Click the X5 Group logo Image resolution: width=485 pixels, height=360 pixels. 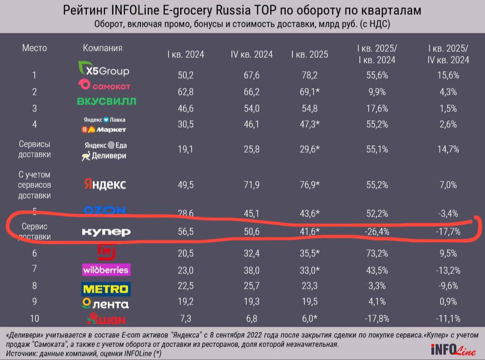point(104,71)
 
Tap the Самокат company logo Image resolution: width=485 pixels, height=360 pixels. point(104,85)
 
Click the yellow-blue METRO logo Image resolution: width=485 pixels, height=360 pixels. point(106,289)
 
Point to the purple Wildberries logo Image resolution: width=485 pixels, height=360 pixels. point(106,270)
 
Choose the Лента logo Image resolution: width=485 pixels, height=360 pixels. point(105,304)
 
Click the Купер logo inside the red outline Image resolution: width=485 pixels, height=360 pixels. point(106,232)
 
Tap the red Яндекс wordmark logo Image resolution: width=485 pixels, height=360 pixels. point(105,184)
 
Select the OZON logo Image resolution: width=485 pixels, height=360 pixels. point(105,211)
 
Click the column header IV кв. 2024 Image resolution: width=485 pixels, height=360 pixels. point(252,54)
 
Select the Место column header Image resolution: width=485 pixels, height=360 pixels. point(35,48)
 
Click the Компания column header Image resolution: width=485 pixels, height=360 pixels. point(103,48)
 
